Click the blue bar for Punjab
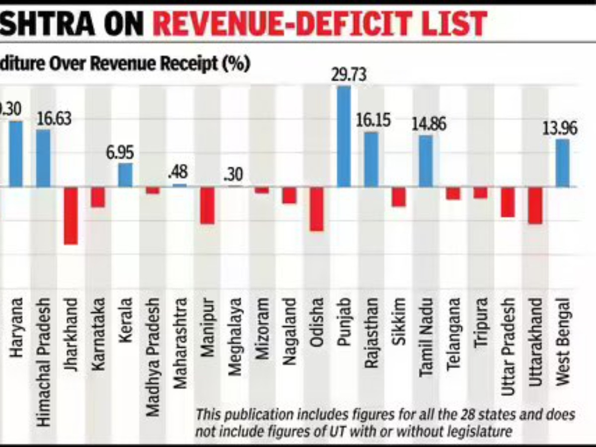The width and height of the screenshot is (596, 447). click(344, 137)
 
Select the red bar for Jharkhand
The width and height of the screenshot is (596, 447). click(71, 216)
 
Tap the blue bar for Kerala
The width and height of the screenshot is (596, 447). click(125, 175)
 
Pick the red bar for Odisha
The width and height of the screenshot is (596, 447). click(316, 209)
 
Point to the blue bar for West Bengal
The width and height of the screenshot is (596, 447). click(562, 163)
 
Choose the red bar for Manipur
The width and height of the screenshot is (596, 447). click(207, 206)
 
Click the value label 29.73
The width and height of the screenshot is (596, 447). click(348, 75)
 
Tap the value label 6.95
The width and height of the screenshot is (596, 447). click(120, 153)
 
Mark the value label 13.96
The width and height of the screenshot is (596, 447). click(560, 128)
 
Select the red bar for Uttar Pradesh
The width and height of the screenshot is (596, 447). click(508, 202)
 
